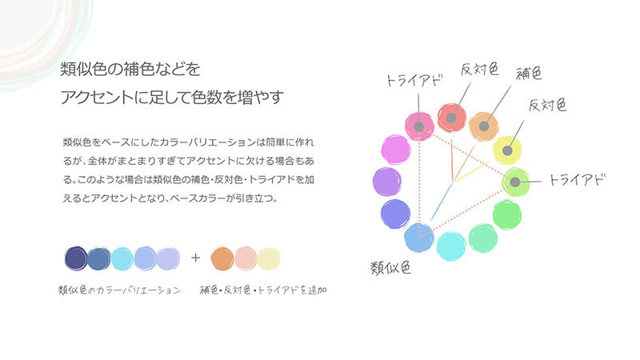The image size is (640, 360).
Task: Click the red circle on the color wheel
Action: pos(452,118)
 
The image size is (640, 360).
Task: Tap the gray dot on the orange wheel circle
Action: pos(483,126)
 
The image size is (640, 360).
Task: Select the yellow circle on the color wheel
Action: pos(506,149)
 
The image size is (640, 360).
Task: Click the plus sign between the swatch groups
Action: pos(196,258)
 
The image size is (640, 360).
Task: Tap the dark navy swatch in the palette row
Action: pos(75,258)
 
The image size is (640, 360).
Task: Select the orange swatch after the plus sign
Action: pos(222,258)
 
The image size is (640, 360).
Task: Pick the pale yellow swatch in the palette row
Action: pos(269,258)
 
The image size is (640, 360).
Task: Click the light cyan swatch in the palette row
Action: pos(122,258)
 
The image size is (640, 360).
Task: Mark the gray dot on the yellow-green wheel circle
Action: pos(514,182)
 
